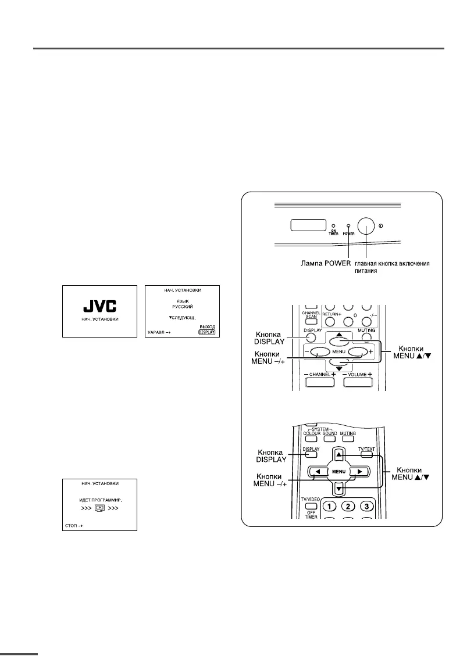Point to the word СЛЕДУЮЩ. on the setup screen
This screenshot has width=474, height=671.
(180, 319)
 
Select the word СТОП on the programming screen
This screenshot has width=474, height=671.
(70, 527)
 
